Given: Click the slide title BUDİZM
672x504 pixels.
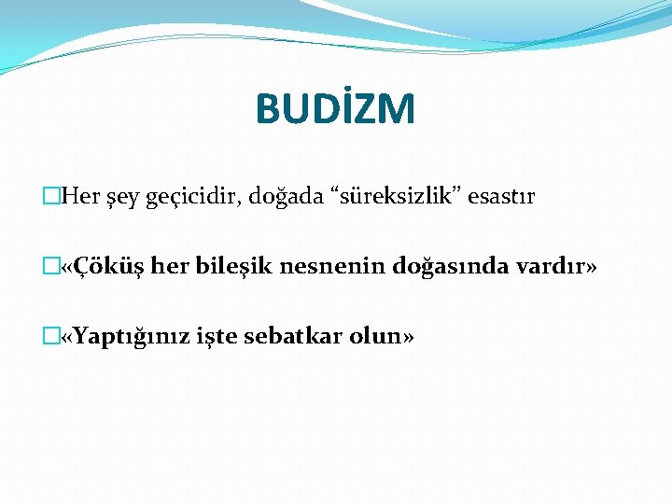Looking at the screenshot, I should (x=335, y=109).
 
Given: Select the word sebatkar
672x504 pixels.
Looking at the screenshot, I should (x=292, y=336).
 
